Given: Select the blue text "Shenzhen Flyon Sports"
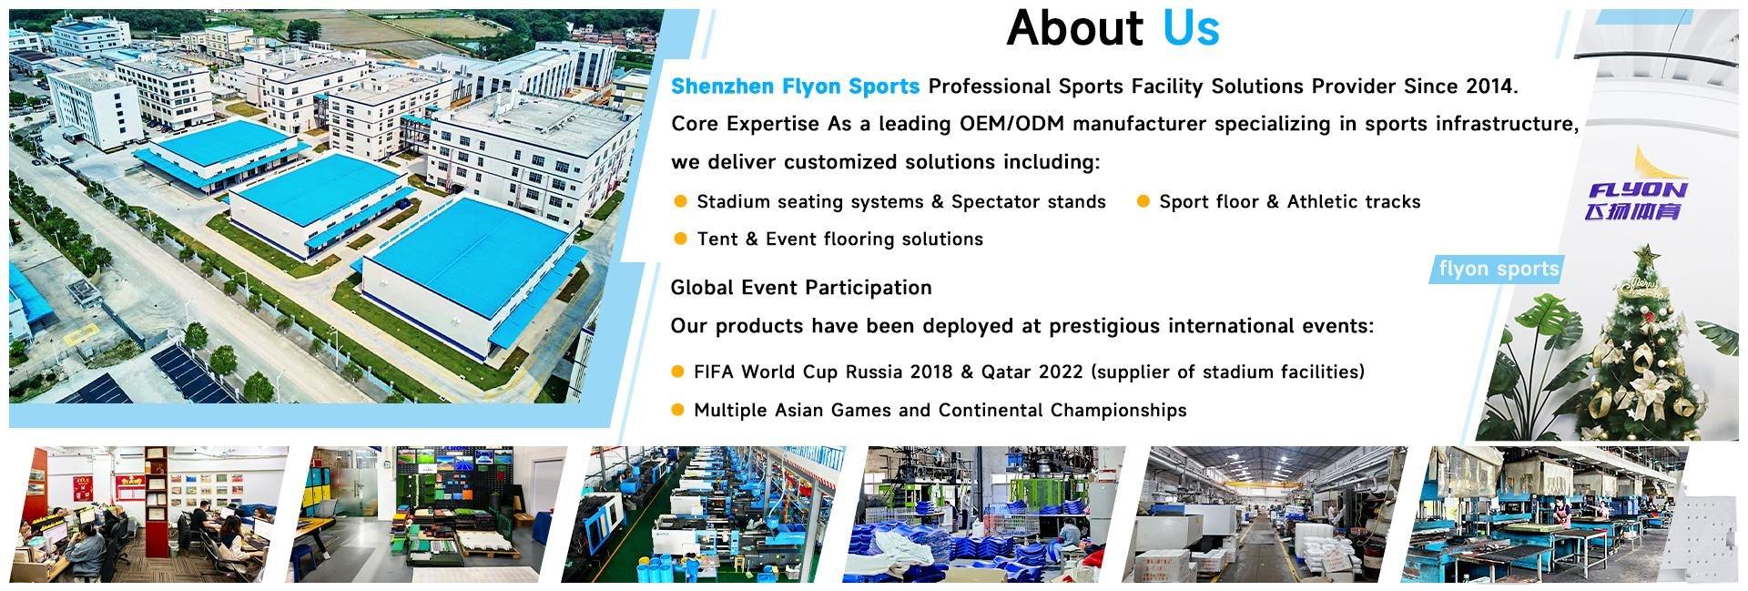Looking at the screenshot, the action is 795,87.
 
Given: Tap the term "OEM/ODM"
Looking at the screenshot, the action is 999,124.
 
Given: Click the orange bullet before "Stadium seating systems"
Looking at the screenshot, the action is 680,201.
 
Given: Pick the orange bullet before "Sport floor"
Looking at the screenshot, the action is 1143,201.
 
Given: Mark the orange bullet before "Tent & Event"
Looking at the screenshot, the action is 680,239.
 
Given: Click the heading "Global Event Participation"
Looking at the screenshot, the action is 801,288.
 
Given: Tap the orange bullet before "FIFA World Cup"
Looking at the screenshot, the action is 677,372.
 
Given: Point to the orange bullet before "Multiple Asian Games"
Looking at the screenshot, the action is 677,410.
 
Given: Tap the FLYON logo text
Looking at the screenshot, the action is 1637,190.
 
